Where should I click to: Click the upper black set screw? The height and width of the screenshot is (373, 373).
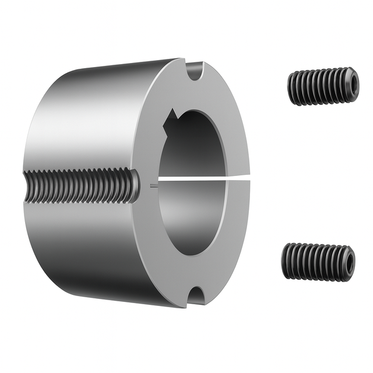click(322, 86)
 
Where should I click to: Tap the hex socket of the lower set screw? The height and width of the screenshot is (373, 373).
click(349, 263)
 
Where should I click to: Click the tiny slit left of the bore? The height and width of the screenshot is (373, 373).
click(152, 186)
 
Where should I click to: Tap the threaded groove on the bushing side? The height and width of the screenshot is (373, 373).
click(82, 185)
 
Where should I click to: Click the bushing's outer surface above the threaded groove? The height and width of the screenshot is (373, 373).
click(82, 117)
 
